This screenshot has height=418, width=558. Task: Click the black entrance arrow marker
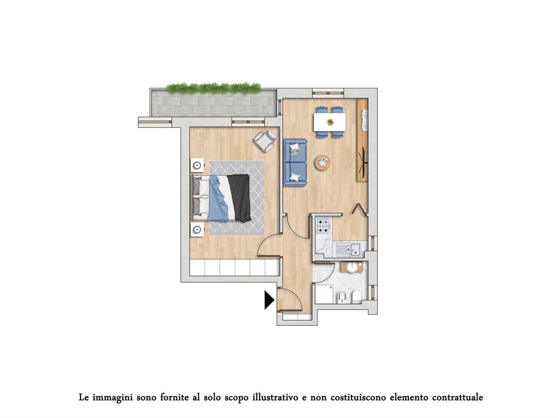[x=269, y=300]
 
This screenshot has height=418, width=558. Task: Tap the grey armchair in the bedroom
[x=265, y=141]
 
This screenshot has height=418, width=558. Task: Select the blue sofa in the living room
[x=295, y=162]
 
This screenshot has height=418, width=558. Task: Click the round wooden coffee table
[x=323, y=163]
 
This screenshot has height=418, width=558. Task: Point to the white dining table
[x=330, y=122]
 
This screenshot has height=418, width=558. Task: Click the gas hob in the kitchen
[x=323, y=225]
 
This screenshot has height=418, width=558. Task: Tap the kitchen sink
[x=350, y=249]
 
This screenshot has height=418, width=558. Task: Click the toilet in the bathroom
[x=356, y=297]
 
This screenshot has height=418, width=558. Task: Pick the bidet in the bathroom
[x=342, y=297]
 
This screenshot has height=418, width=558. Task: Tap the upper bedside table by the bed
[x=197, y=165]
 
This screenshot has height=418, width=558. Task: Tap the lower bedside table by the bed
[x=197, y=229]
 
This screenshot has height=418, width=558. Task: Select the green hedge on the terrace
[x=214, y=88]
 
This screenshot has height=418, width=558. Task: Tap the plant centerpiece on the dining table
[x=330, y=122]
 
